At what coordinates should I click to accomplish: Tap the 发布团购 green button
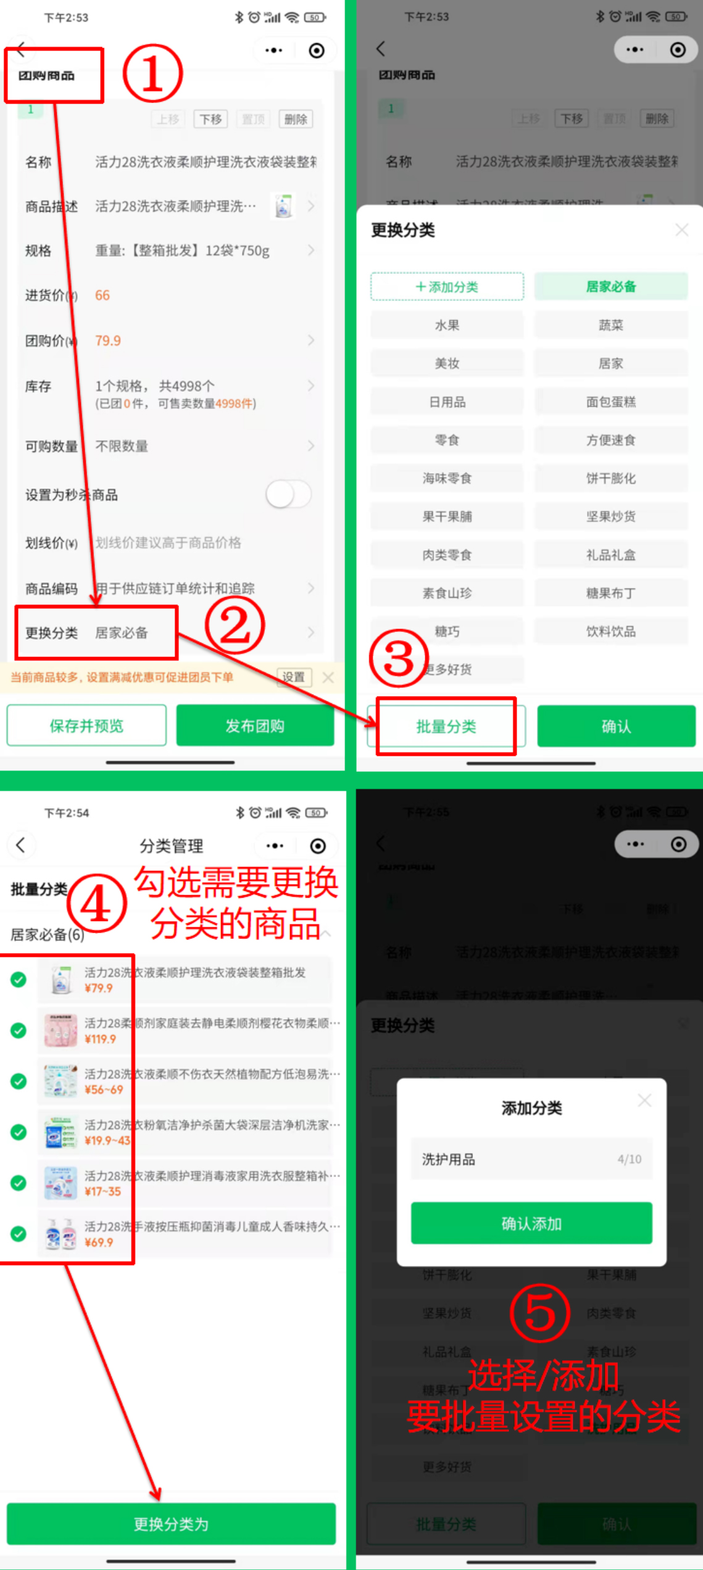click(255, 725)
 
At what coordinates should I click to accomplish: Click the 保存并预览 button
click(86, 725)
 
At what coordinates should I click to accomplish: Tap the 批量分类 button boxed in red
click(446, 726)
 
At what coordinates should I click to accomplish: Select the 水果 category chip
click(447, 325)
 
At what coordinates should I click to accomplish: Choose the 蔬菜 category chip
click(610, 325)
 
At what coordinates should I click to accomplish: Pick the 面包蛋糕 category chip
click(610, 402)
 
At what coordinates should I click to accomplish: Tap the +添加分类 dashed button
click(447, 287)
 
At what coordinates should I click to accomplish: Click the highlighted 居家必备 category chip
click(610, 287)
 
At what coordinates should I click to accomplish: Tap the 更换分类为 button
click(171, 1524)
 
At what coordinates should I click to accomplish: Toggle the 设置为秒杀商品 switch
click(288, 494)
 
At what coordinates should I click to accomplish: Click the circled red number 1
click(152, 73)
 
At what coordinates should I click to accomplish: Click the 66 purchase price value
click(102, 295)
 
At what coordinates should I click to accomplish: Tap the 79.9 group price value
click(108, 341)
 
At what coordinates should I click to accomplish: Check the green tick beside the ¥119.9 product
click(19, 1030)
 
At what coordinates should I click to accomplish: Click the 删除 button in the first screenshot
click(296, 119)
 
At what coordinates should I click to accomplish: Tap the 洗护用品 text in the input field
click(449, 1159)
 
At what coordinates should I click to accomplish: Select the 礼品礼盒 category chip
click(610, 555)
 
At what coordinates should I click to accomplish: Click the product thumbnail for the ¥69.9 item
click(60, 1234)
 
